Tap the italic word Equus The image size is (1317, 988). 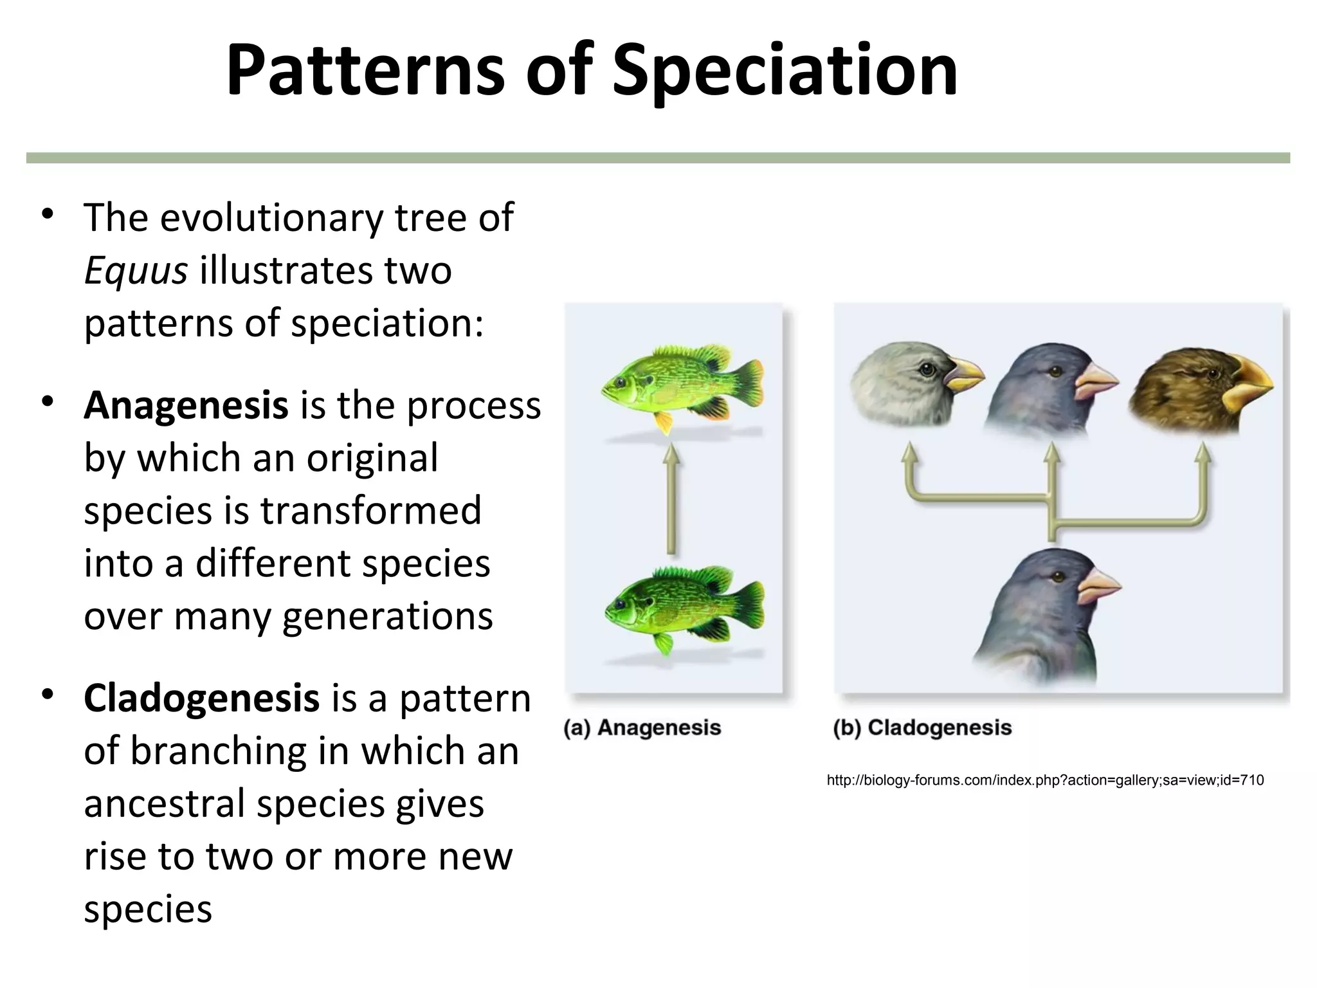pos(135,271)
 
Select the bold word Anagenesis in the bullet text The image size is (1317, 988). pos(186,405)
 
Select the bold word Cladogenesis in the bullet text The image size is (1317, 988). pos(201,699)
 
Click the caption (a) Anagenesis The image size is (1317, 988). pos(642,727)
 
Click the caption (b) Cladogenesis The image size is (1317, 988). pos(922,727)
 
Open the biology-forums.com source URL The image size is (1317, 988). pos(1045,780)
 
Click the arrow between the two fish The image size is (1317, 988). pos(671,502)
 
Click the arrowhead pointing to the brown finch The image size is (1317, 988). pos(1203,454)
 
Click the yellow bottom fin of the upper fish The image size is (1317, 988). pos(662,422)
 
